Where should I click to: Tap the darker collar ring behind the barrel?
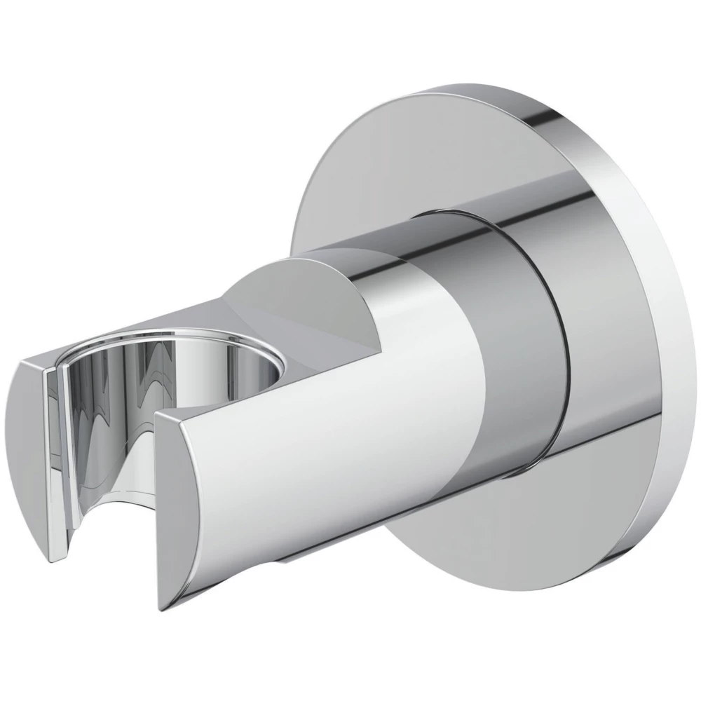533,336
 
